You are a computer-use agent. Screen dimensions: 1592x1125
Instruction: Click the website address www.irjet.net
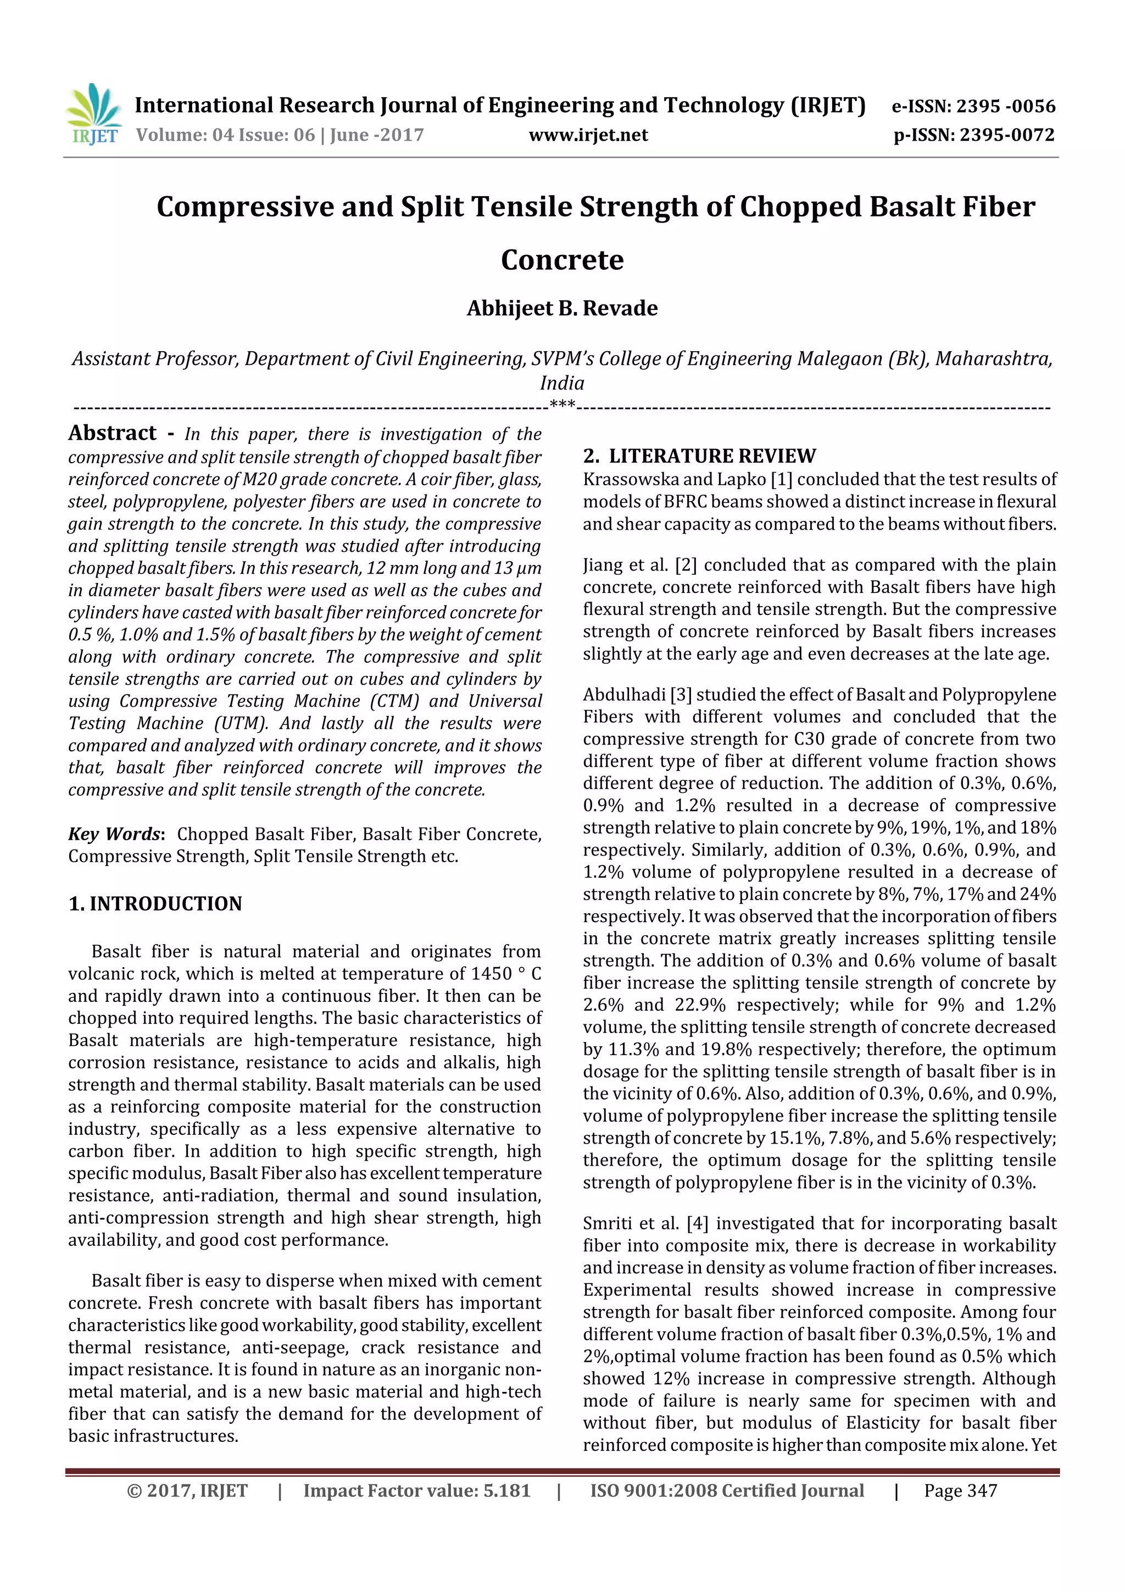click(588, 135)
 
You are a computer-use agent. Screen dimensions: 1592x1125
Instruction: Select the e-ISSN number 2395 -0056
click(1005, 106)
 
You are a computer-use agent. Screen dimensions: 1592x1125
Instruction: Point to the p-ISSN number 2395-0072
click(1007, 135)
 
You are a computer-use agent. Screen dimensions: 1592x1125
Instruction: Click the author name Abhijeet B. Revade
click(561, 308)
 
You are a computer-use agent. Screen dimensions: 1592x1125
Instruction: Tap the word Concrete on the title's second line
click(561, 260)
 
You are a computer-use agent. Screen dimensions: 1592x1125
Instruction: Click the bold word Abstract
click(112, 434)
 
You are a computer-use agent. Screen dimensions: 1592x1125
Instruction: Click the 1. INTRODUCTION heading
click(155, 903)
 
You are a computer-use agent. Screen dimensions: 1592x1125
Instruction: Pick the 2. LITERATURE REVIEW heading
click(699, 456)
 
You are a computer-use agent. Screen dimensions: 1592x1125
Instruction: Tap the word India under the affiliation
click(561, 382)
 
